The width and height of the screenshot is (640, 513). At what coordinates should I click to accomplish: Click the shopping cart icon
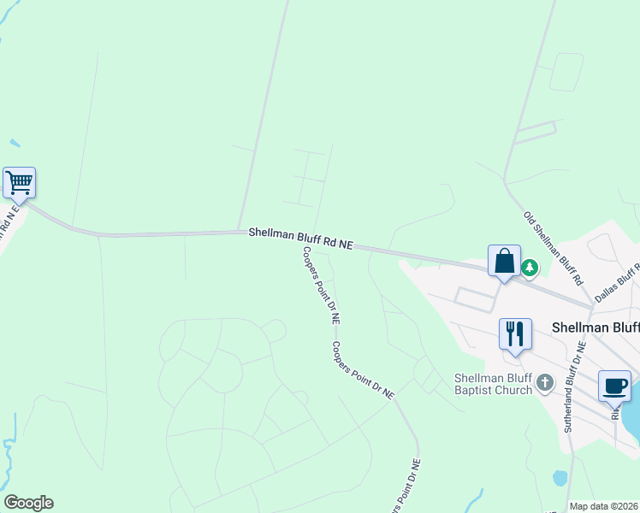point(19,182)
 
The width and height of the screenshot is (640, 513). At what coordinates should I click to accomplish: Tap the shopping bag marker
point(504,260)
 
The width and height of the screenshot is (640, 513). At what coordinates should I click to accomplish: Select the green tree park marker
point(530,268)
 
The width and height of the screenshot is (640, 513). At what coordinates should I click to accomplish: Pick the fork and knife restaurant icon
point(515,333)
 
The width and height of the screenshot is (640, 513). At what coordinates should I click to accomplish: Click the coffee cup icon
point(614,385)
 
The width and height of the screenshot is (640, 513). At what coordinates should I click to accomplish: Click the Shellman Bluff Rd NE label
point(300,238)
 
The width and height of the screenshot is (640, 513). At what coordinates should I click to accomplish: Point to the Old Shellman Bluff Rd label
point(553,247)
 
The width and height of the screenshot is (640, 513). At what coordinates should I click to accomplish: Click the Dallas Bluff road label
point(618,279)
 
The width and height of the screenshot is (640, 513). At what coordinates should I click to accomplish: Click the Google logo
point(28,503)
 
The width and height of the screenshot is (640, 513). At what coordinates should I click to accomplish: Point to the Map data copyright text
point(603,506)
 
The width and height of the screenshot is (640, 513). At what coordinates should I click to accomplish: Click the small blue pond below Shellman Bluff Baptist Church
point(560,478)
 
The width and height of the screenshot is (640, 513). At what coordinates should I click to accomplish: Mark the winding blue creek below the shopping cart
point(10,445)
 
